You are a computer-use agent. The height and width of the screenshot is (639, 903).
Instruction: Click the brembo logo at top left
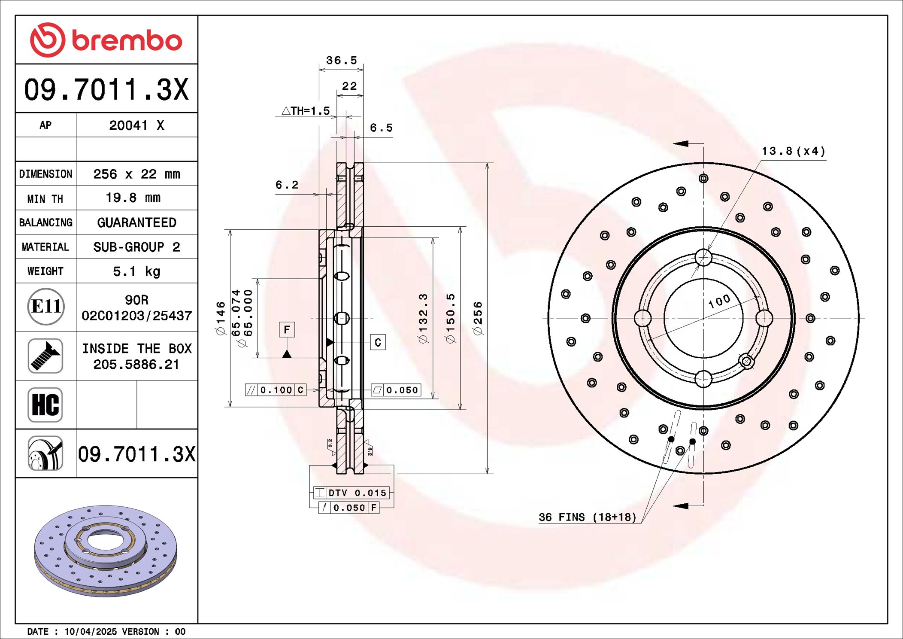(106, 40)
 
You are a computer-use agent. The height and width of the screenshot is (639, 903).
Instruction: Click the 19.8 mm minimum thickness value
(133, 198)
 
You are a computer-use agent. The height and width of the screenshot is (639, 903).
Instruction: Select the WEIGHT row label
(45, 271)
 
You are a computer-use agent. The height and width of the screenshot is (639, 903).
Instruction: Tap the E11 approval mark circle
(46, 307)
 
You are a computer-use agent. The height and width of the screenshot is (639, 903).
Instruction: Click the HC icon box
(45, 405)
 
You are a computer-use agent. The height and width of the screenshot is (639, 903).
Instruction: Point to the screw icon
(45, 356)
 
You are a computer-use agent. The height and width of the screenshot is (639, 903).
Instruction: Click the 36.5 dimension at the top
(341, 60)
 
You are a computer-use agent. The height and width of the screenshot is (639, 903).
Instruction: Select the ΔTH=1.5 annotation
(306, 111)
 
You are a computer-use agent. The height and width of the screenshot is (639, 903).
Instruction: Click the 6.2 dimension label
(287, 185)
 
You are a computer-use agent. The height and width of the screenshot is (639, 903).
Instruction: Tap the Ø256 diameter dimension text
(478, 318)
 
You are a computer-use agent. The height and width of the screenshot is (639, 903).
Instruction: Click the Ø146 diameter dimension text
(221, 318)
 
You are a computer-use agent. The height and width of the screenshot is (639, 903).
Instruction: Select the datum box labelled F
(287, 329)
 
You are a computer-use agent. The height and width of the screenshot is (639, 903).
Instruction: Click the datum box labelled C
(378, 342)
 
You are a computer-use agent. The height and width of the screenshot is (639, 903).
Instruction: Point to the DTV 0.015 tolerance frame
(352, 493)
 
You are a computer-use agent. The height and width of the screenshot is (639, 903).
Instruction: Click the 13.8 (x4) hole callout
(793, 151)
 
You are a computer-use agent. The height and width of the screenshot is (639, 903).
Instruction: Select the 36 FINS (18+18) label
(587, 517)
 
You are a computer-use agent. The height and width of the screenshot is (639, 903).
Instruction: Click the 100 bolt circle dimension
(719, 301)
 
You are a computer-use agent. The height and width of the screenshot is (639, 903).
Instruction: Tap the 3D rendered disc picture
(106, 551)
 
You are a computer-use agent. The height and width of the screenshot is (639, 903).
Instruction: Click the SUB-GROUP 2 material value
(136, 247)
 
